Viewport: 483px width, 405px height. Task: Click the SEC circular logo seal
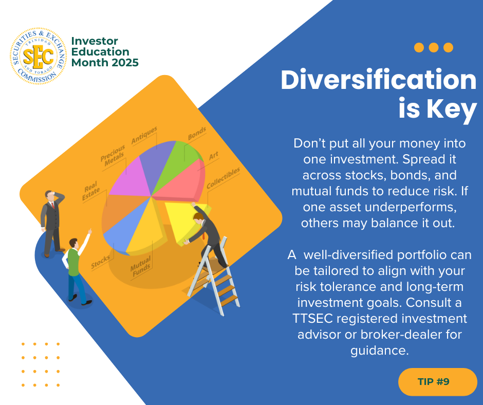[38, 56]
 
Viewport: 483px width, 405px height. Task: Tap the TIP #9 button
[437, 381]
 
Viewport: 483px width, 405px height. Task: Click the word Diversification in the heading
[379, 80]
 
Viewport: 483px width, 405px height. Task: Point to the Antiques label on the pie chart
[144, 135]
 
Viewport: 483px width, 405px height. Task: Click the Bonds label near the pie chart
[197, 133]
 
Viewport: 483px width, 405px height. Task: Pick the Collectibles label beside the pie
[223, 178]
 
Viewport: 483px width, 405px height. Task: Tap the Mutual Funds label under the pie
[141, 267]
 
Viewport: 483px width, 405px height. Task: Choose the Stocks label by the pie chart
[100, 262]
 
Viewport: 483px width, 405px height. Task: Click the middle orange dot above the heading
[433, 47]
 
